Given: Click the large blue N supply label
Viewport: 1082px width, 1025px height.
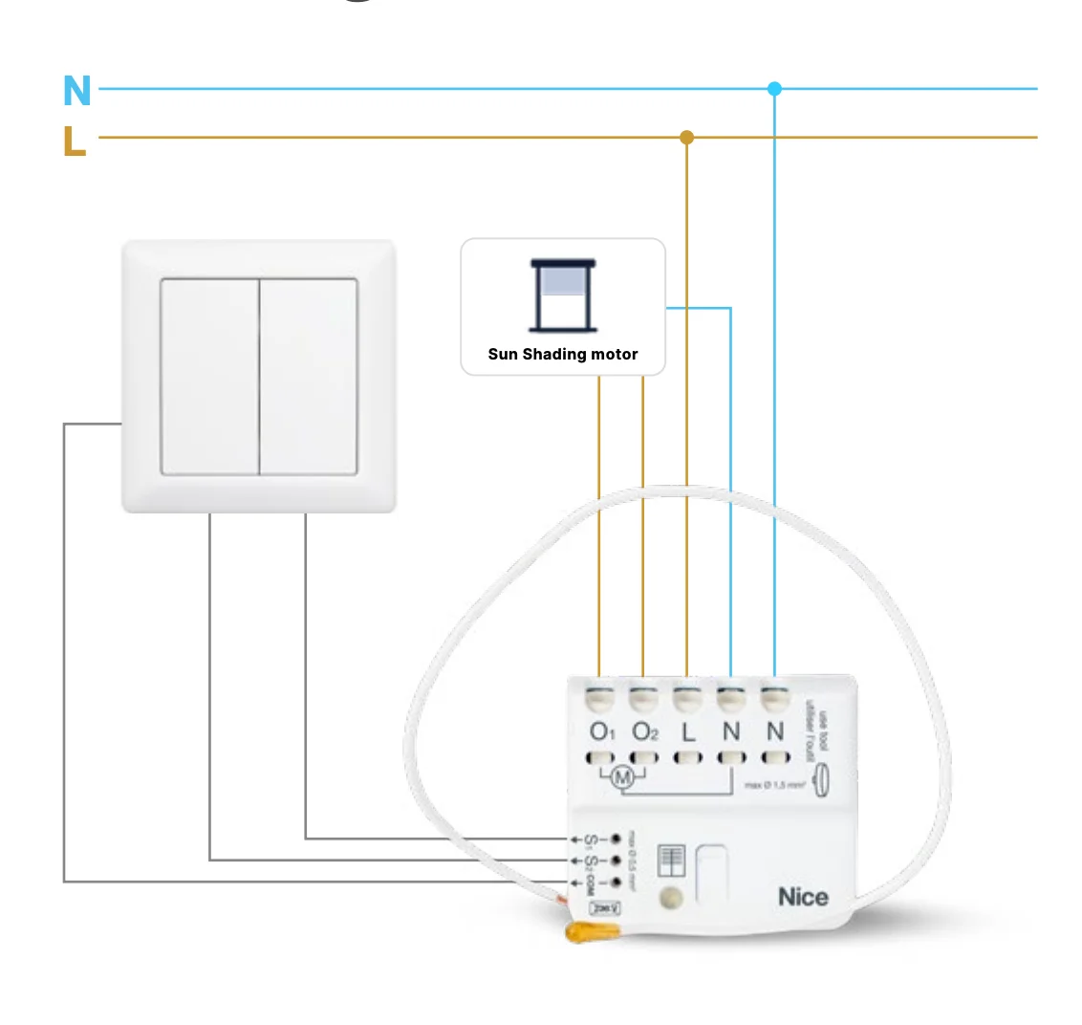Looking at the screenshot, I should click(76, 91).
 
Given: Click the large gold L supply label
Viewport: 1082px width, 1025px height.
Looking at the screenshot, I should click(75, 141).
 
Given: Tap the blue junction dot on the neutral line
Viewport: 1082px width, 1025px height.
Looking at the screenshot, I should click(774, 89).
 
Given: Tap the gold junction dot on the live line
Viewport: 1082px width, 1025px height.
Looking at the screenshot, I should click(686, 138).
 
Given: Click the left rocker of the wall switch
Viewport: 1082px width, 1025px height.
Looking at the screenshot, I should click(209, 376).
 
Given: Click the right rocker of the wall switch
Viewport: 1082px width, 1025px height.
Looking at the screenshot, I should click(309, 376).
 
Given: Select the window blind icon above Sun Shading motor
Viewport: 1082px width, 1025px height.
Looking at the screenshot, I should click(563, 295).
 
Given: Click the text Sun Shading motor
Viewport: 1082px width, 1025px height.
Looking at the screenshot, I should click(563, 355).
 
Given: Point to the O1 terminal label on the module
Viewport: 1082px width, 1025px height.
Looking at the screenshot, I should click(601, 732).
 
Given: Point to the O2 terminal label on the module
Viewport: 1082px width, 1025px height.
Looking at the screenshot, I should click(645, 732).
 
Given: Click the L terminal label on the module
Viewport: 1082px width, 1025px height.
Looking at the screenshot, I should click(688, 733).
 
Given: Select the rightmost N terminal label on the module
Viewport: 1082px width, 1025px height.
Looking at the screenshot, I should click(775, 732).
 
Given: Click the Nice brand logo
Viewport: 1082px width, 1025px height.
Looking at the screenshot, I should click(803, 897).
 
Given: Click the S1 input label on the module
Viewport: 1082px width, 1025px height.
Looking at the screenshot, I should click(592, 840).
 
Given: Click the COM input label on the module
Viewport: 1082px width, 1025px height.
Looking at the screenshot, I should click(592, 881).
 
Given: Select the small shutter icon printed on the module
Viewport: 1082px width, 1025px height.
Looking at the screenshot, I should click(672, 861).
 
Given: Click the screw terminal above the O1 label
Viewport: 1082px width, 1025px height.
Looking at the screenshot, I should click(600, 698).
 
